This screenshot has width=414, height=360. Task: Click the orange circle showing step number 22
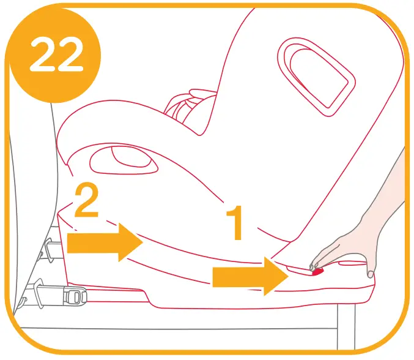(x=54, y=54)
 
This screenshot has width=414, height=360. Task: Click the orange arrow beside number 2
(x=105, y=242)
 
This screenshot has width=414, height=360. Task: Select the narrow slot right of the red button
(x=346, y=264)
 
